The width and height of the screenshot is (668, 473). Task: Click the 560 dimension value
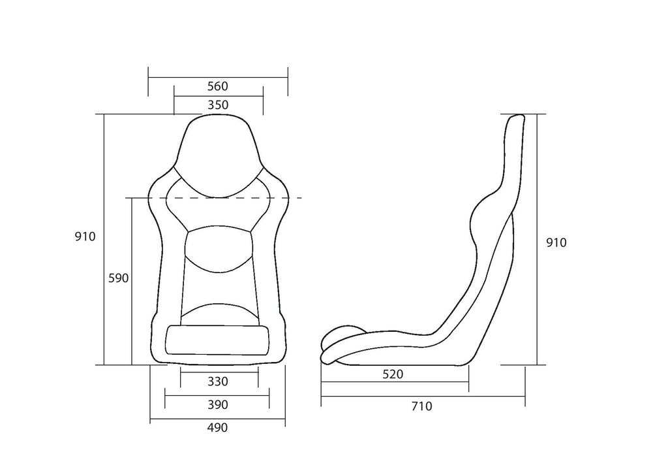pos(217,86)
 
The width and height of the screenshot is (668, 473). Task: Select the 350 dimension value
pos(217,105)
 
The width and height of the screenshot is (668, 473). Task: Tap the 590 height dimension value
pos(118,278)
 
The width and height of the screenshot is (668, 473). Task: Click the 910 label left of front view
pos(85,236)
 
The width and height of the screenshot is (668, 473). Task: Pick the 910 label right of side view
pos(556,243)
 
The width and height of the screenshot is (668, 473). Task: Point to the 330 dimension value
pos(217,382)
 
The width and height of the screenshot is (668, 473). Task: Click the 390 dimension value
pos(217,405)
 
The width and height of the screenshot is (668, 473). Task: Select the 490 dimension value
pos(217,428)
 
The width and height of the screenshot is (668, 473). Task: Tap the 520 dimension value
pos(393,374)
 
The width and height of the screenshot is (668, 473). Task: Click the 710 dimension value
pos(422,406)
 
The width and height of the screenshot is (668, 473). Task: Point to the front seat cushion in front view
pos(217,340)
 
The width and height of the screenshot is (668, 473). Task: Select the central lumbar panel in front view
pos(217,248)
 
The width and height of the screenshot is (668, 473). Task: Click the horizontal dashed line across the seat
pos(287,197)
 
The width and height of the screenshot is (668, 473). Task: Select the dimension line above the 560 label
pos(217,77)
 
